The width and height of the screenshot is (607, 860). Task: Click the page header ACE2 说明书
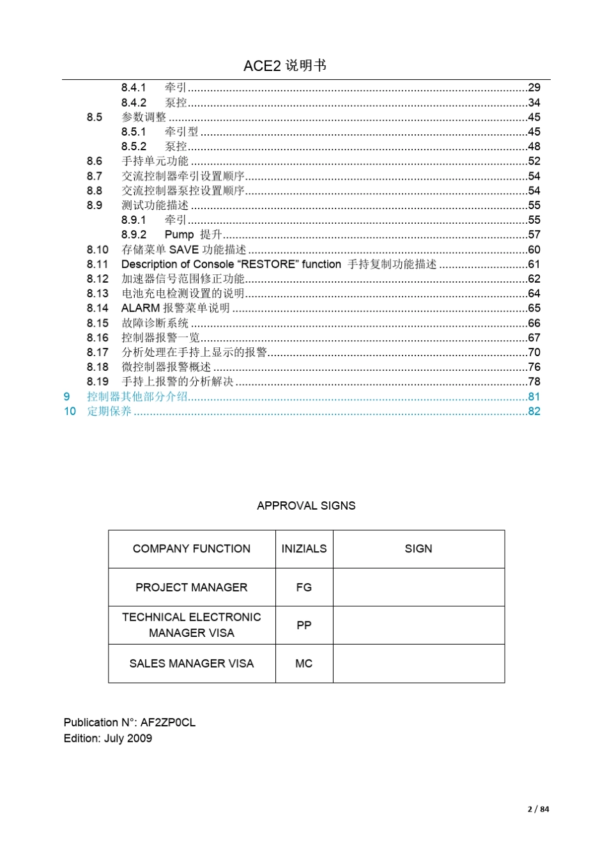pyautogui.click(x=285, y=66)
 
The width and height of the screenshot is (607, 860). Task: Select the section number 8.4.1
pyautogui.click(x=134, y=88)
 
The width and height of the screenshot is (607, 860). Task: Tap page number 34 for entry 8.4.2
pyautogui.click(x=534, y=102)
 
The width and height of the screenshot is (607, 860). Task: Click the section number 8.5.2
pyautogui.click(x=134, y=146)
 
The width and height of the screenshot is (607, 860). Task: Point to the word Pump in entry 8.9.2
pyautogui.click(x=179, y=235)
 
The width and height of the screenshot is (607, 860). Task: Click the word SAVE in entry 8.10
pyautogui.click(x=184, y=249)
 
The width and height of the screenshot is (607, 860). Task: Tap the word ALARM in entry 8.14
pyautogui.click(x=141, y=308)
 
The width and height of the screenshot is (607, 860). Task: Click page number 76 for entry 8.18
pyautogui.click(x=534, y=367)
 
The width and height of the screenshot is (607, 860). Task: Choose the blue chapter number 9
pyautogui.click(x=66, y=396)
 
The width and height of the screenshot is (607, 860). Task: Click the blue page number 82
pyautogui.click(x=534, y=411)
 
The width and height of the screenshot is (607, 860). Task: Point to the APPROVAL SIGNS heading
pyautogui.click(x=306, y=506)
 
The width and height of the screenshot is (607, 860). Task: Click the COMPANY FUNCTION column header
pyautogui.click(x=192, y=549)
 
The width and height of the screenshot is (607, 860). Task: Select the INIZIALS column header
pyautogui.click(x=304, y=549)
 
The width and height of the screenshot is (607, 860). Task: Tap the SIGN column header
pyautogui.click(x=419, y=549)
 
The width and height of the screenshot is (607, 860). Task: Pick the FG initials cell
pyautogui.click(x=304, y=587)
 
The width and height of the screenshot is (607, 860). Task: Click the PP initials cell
pyautogui.click(x=304, y=625)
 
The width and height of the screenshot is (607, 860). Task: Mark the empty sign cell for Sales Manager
pyautogui.click(x=419, y=663)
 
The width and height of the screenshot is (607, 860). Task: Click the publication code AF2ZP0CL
pyautogui.click(x=168, y=723)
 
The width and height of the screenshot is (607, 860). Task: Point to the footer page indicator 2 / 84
pyautogui.click(x=538, y=809)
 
